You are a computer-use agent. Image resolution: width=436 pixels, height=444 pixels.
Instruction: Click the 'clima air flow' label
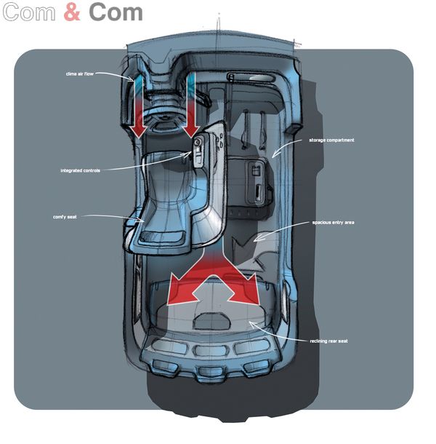click(x=79, y=74)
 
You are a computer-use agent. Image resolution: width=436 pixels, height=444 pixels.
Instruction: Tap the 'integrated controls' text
click(x=81, y=170)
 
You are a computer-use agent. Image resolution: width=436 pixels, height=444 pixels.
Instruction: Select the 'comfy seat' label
click(x=65, y=217)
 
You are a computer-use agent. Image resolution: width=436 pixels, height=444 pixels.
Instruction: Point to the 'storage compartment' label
click(x=331, y=140)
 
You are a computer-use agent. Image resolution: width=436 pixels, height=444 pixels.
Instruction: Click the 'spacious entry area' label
click(x=333, y=222)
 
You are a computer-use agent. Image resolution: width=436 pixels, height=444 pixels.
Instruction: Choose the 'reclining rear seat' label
click(x=329, y=341)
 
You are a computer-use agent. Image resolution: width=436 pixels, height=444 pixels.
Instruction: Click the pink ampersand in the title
click(x=72, y=12)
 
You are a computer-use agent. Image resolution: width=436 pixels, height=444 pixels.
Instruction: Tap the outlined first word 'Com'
click(x=29, y=12)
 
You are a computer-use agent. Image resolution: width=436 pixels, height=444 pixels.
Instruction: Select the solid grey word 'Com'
click(x=116, y=12)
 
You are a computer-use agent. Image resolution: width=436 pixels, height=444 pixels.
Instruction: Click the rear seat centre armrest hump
click(x=212, y=321)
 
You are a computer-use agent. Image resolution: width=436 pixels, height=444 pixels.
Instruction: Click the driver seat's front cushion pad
click(x=162, y=236)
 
